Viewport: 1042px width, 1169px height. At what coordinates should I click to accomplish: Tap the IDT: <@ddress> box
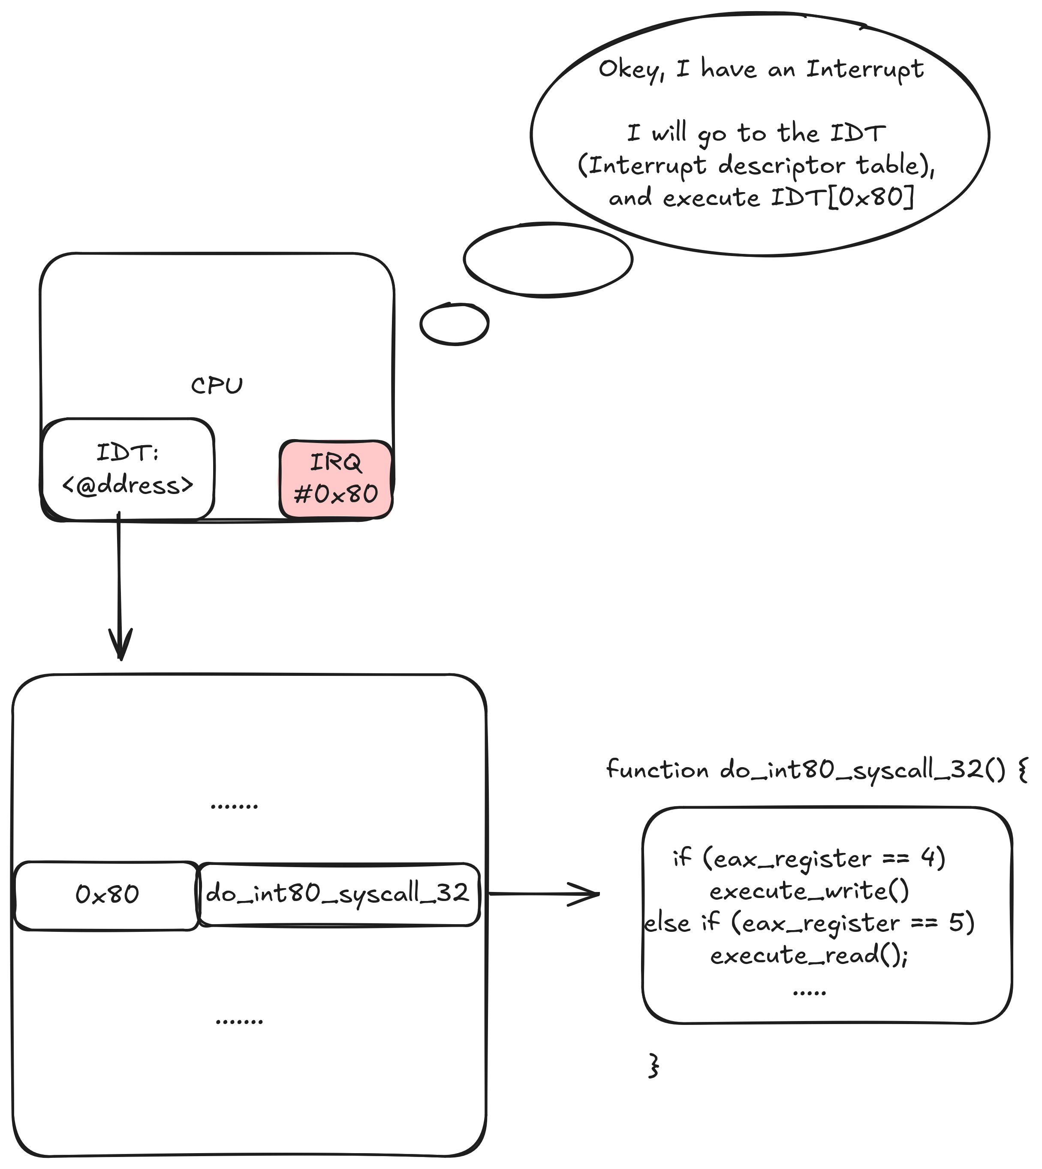[128, 470]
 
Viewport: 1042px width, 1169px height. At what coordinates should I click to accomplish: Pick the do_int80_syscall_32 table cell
[338, 894]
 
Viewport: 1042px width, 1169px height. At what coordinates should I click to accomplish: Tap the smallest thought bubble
[454, 324]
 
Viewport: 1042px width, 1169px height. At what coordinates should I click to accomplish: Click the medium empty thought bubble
[548, 259]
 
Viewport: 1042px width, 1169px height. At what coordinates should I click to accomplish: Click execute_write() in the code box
[809, 892]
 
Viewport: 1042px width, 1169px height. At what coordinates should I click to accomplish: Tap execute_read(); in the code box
[809, 955]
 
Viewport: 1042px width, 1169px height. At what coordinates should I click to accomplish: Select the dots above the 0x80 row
[234, 806]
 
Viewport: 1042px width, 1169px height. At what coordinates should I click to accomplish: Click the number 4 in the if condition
[927, 858]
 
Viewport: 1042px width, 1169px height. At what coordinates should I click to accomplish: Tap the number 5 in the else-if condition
[955, 922]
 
